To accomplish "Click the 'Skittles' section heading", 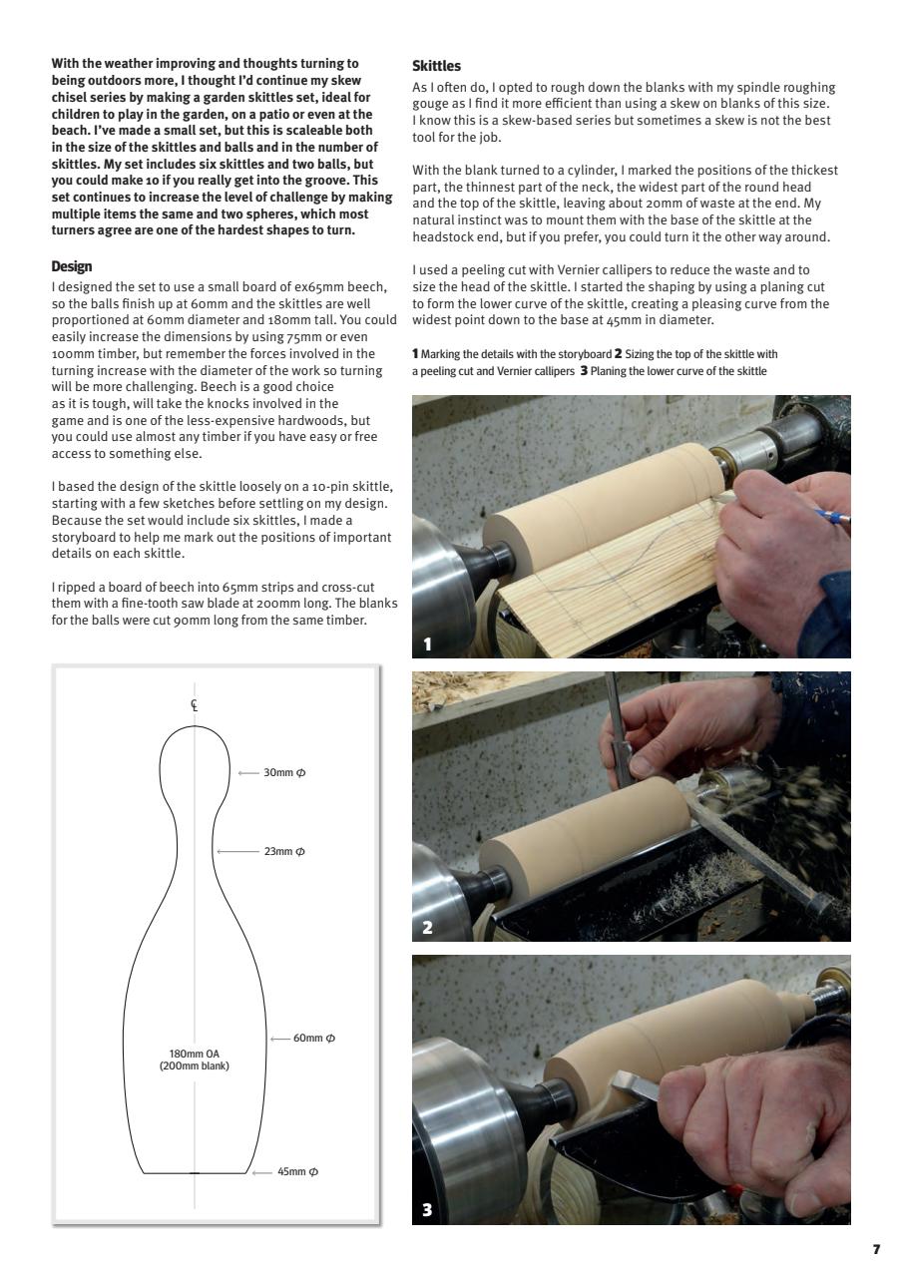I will pos(436,66).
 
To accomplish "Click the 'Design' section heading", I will pos(71,266).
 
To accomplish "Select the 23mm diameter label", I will pos(284,851).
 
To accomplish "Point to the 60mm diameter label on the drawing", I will pos(313,1038).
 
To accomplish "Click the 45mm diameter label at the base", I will pos(297,1171).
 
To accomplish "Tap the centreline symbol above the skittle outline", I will pos(195,704).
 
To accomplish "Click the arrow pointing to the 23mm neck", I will pos(236,851).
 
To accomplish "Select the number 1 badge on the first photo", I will pos(428,644).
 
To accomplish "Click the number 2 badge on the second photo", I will pos(428,927).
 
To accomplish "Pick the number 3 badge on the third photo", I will pos(428,1210).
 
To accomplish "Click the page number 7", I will pos(876,1249).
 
